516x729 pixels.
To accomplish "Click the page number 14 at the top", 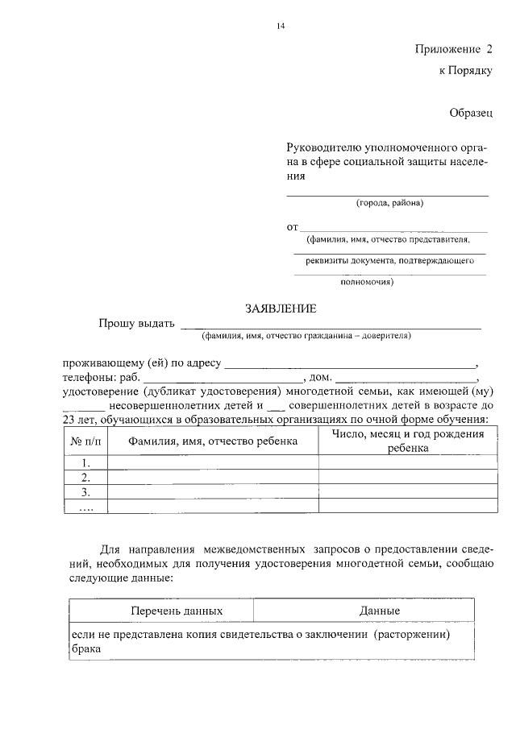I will [281, 27].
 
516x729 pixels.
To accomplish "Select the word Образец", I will [470, 114].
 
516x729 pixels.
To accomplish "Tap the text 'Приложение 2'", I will [452, 49].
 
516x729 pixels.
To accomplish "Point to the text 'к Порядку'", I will [465, 71].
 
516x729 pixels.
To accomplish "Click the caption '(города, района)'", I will [389, 203].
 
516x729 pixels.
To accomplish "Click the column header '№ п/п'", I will [86, 441].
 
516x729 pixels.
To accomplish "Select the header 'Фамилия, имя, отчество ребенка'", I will [213, 441].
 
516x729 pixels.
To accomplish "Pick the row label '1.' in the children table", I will [85, 462].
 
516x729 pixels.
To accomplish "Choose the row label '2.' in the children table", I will [85, 477].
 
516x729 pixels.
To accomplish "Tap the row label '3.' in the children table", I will [85, 491].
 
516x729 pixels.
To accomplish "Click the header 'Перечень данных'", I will [177, 611].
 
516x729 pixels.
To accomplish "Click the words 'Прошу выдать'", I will [136, 324].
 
